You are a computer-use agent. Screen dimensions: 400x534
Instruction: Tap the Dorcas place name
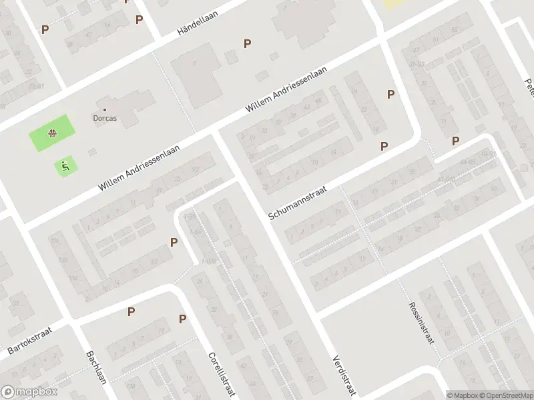point(105,120)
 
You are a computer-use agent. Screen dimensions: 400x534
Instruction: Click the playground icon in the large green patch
point(51,133)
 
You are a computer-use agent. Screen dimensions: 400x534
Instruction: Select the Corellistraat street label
point(222,374)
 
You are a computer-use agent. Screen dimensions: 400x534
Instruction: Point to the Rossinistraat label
point(422,324)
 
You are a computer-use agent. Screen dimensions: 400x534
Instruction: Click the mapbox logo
point(29,392)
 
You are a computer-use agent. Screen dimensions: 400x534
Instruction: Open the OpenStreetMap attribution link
point(505,395)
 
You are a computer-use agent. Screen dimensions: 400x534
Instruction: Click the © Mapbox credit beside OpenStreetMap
point(461,395)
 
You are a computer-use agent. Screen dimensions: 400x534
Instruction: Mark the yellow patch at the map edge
point(394,3)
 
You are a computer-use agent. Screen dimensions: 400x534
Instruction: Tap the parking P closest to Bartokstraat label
point(131,311)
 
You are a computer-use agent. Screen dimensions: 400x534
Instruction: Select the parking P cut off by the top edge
point(127,2)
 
